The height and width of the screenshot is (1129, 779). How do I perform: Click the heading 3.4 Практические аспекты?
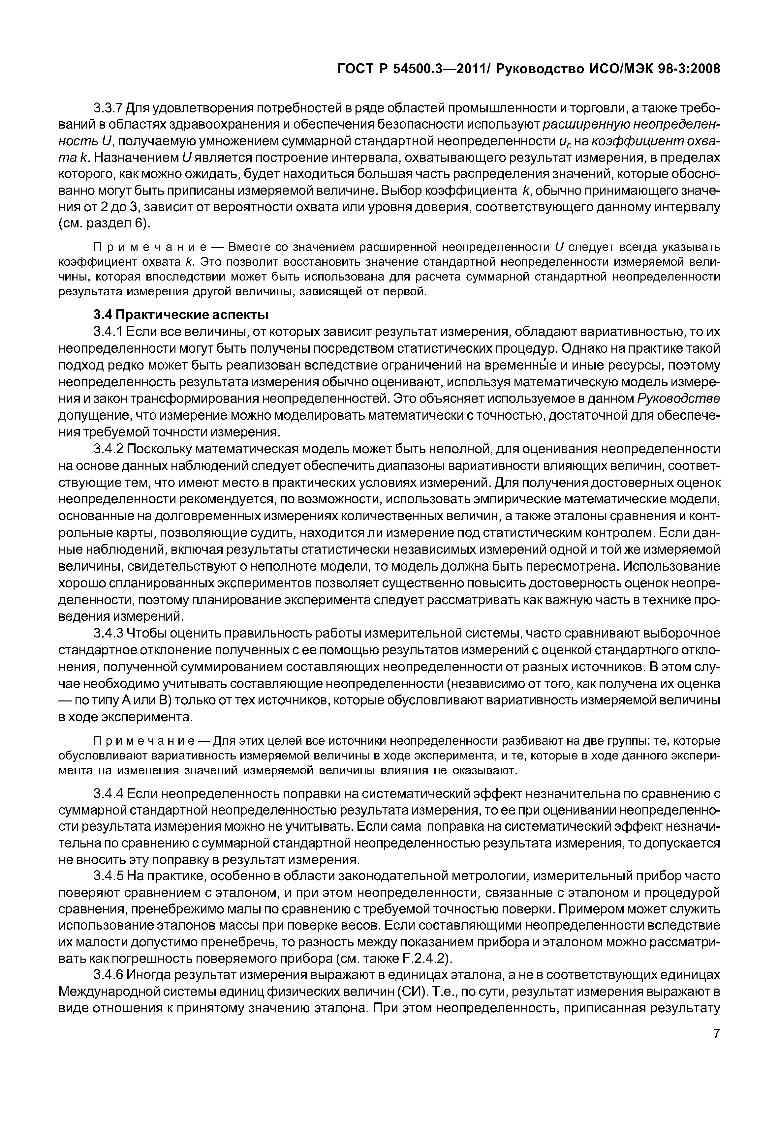(x=181, y=314)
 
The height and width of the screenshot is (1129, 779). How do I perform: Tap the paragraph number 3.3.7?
(x=108, y=108)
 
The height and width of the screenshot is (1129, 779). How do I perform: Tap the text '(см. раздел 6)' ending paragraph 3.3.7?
(x=105, y=223)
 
